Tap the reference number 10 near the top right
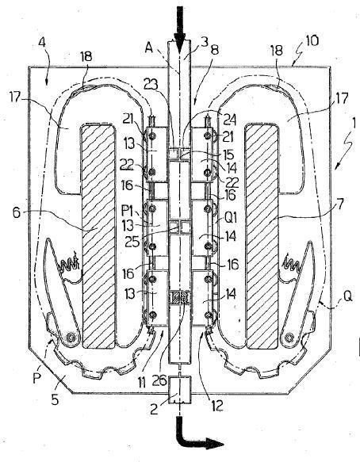point(312,40)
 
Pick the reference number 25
point(132,241)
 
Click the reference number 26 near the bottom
point(160,380)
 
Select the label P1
point(127,210)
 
